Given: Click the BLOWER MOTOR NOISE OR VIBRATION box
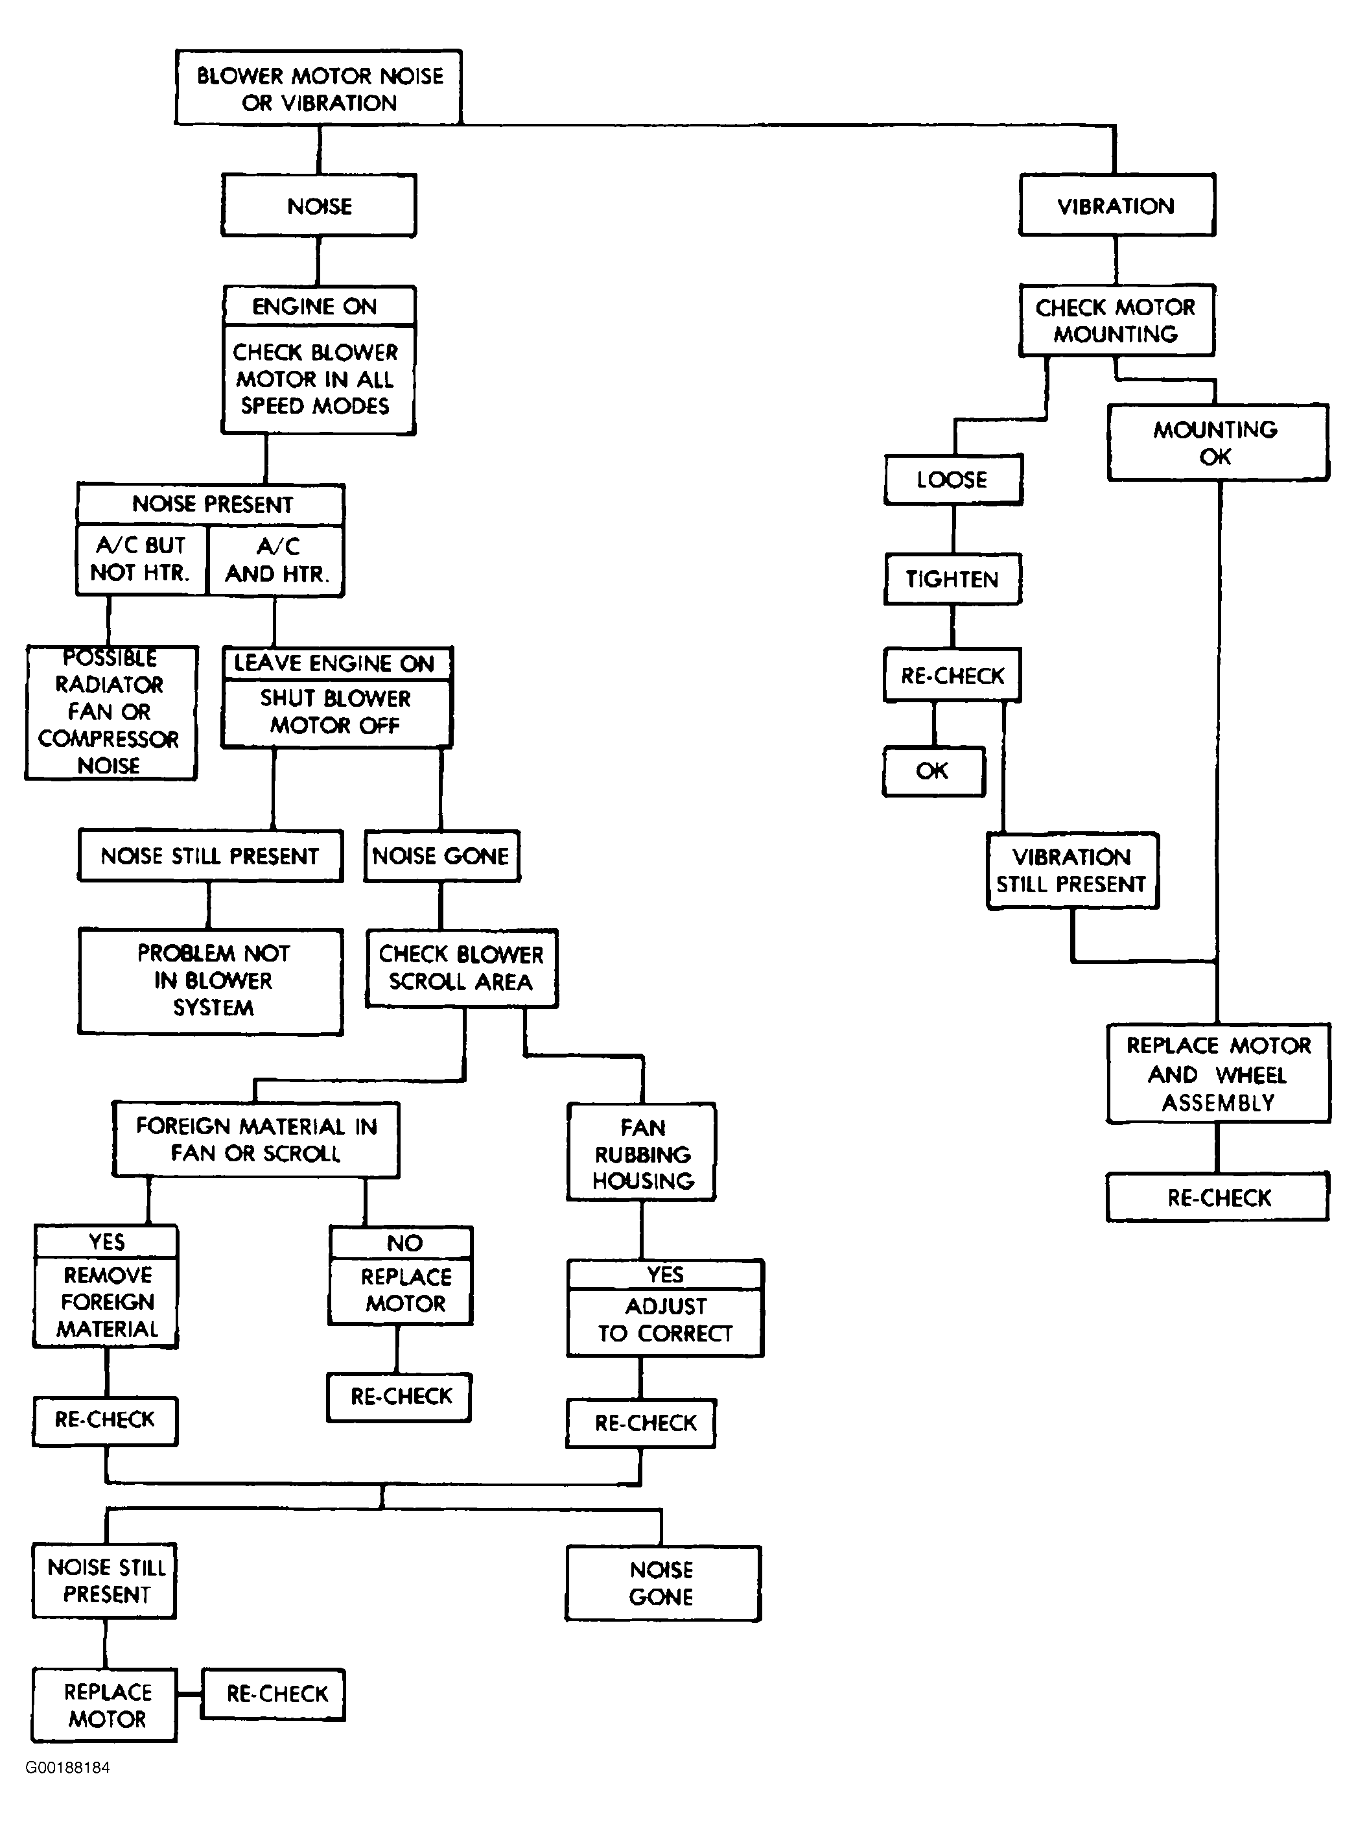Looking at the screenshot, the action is coord(318,88).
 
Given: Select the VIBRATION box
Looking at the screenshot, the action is coord(1116,206).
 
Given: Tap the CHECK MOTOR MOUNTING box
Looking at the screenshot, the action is coord(1116,320).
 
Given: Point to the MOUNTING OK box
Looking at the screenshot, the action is coord(1217,443).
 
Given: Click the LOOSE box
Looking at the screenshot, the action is coord(953,480).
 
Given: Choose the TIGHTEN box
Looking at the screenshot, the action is coord(952,580).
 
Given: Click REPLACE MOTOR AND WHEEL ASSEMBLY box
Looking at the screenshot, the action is coord(1218,1074).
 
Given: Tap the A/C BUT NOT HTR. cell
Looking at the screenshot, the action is coord(141,560).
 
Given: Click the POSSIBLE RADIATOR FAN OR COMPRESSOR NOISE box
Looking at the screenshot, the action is coord(111,713).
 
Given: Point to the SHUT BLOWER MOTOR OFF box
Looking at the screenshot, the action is coord(336,713).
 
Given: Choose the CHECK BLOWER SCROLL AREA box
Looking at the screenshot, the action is coord(462,969).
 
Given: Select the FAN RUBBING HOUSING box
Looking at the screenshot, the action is coord(642,1153).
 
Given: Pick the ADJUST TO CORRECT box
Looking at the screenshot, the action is coord(666,1322).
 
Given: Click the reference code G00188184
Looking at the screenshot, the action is coord(67,1768).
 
